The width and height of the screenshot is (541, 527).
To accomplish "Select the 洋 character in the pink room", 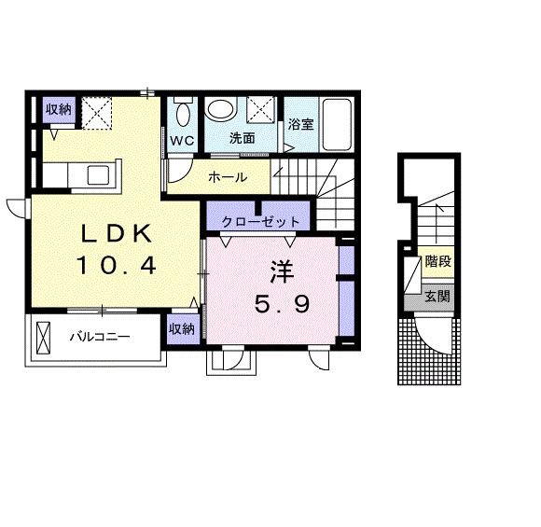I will (x=281, y=272).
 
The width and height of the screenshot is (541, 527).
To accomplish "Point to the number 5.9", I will (x=281, y=304).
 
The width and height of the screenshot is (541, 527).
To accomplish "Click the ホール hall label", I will (x=228, y=177).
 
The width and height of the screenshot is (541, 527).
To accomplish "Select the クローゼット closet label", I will (x=261, y=222).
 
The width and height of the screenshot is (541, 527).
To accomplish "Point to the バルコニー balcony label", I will (x=99, y=336).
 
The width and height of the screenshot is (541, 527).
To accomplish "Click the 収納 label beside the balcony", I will (x=182, y=328).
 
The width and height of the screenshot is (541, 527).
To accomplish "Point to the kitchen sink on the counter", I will (x=98, y=174).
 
